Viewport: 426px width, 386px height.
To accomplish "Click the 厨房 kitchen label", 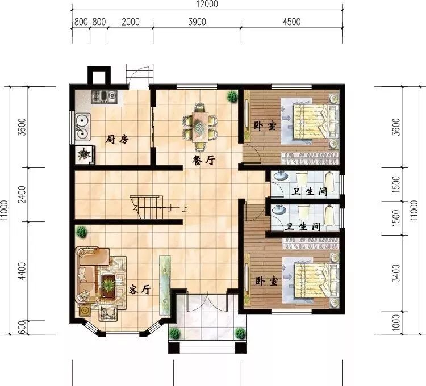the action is tap(116, 140).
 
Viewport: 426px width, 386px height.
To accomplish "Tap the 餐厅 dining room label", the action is tap(203, 161).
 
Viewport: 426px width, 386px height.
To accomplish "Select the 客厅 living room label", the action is tap(140, 290).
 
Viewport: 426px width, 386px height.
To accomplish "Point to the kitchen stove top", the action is tap(104, 97).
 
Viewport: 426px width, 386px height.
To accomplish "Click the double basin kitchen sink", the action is tap(82, 127).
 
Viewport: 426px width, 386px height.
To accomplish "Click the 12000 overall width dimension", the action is tap(207, 4).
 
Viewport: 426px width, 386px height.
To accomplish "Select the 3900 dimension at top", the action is tap(197, 22).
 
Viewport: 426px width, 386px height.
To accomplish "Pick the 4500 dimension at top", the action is tap(291, 22).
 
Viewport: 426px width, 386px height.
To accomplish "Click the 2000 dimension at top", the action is tap(131, 22).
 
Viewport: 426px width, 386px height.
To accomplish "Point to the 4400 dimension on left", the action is tap(23, 271).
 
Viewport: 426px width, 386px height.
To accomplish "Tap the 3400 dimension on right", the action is tap(396, 273).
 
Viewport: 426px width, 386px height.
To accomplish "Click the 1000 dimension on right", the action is tap(396, 323).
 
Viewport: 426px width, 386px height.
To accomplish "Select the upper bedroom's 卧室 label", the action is tap(265, 125).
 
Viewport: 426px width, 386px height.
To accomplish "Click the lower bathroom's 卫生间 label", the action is tap(303, 226).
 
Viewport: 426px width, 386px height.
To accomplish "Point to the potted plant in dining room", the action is tap(232, 96).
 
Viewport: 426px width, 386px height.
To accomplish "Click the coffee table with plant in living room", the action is tap(108, 287).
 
